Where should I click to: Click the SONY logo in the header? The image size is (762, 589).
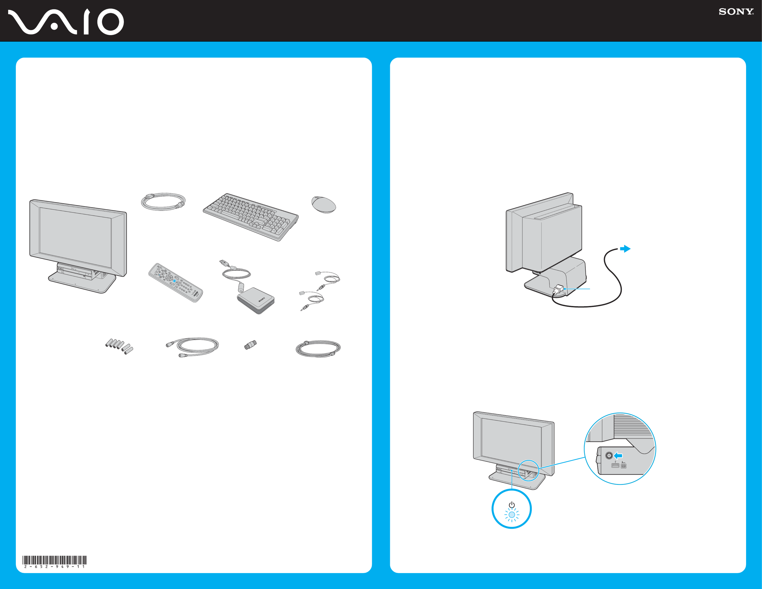coord(736,12)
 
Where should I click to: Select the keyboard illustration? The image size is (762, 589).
coord(251,217)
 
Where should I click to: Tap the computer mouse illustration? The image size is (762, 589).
coord(323,204)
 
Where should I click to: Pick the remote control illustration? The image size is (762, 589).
coord(175,283)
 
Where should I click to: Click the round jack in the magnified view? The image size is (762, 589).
coord(609,455)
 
